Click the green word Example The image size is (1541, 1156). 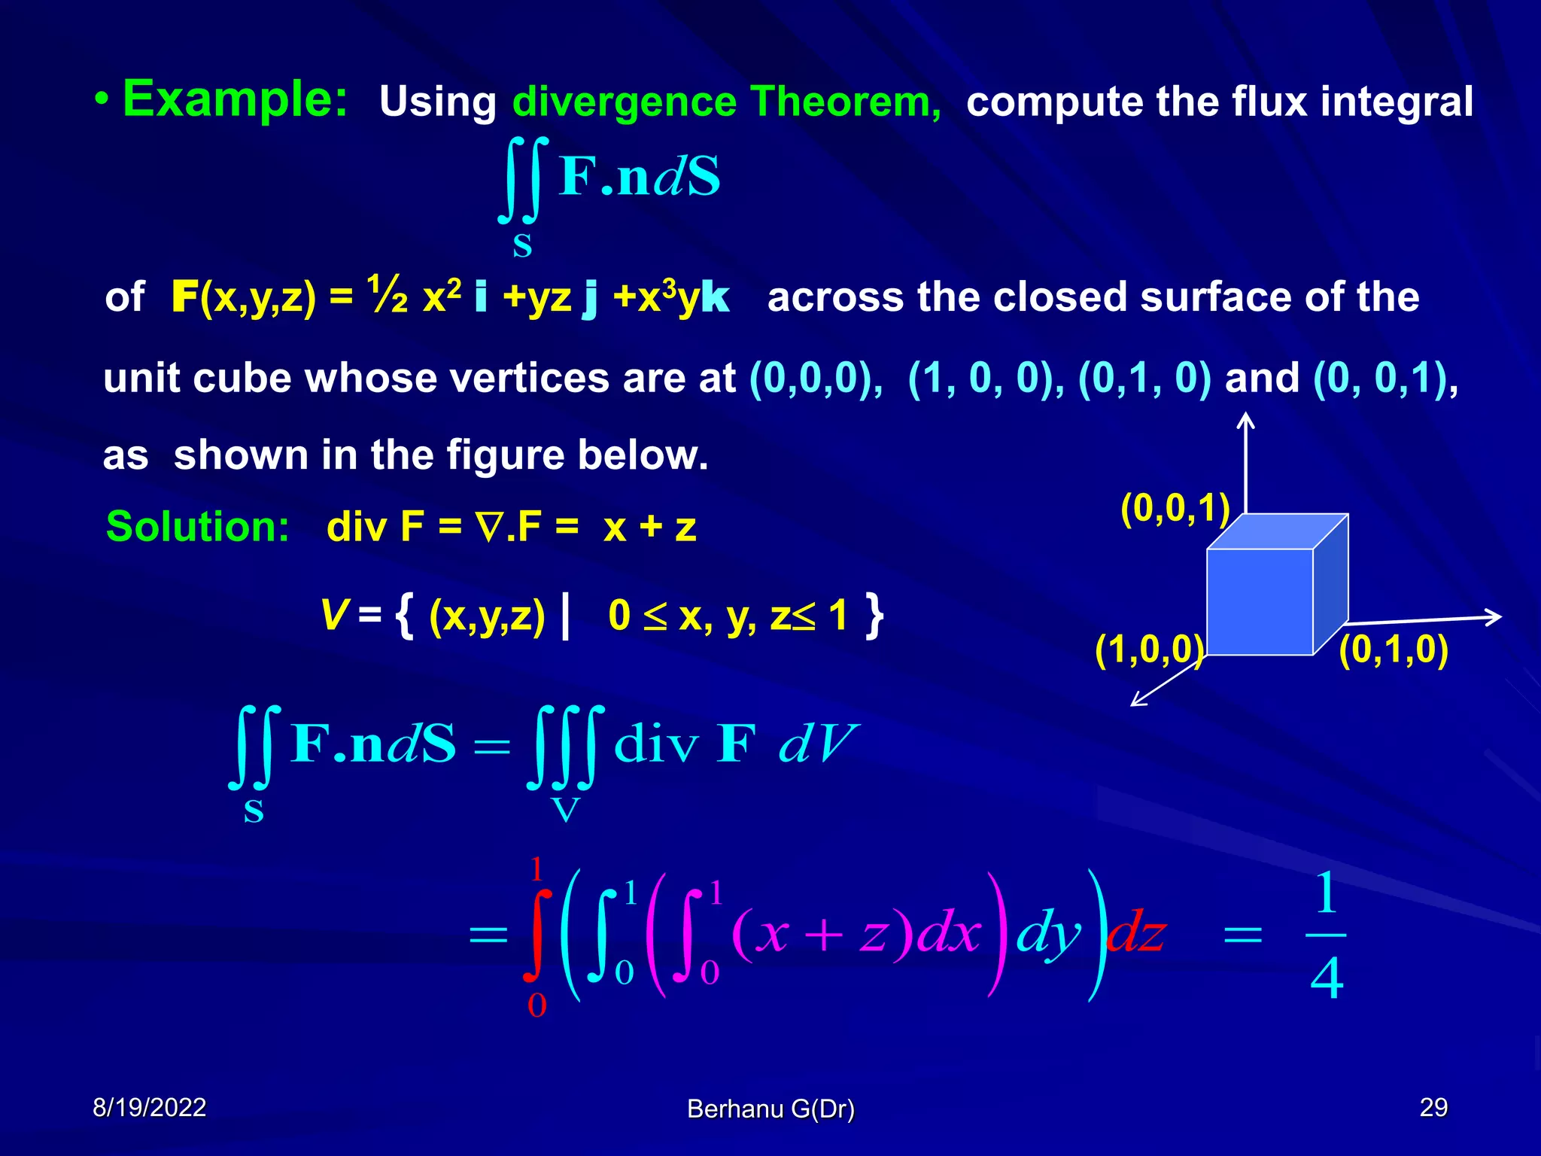[235, 99]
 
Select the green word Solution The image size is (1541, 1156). [197, 526]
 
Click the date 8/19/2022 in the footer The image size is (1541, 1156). [149, 1107]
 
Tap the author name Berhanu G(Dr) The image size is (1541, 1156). [770, 1109]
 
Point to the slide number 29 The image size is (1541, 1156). [1433, 1107]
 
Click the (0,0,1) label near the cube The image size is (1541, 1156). [1175, 509]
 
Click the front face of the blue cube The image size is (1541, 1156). [1259, 601]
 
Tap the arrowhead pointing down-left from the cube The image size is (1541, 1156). [1138, 701]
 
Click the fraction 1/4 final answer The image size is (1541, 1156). [1326, 935]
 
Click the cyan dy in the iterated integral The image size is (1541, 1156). [1047, 935]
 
